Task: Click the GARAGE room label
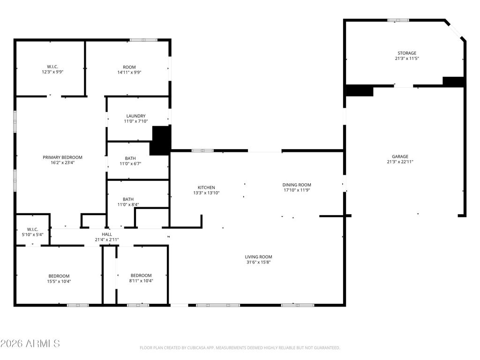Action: coord(400,157)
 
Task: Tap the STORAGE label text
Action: coord(407,53)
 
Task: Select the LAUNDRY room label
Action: coord(136,116)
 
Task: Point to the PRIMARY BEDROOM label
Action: coord(62,157)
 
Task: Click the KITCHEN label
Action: coord(206,187)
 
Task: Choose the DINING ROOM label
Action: coord(297,185)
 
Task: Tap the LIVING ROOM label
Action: coord(258,257)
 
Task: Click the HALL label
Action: coord(107,234)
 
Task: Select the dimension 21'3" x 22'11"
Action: coord(400,162)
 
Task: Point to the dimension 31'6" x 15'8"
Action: coord(258,262)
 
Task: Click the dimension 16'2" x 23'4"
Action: coord(62,163)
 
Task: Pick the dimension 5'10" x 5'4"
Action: coord(32,234)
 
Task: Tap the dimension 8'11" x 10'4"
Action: coord(141,280)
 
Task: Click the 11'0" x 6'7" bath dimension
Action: coord(130,164)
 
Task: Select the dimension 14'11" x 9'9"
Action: coord(129,72)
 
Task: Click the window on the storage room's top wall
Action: coord(398,20)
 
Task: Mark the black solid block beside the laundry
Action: coord(160,140)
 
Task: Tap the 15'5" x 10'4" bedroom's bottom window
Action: coord(78,305)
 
